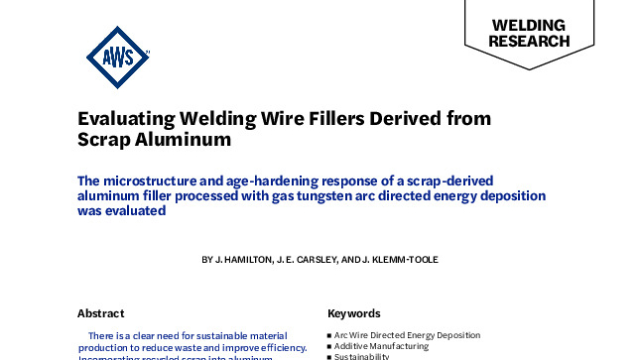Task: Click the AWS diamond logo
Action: coord(120,56)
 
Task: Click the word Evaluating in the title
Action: coord(127,118)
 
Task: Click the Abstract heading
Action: coord(99,310)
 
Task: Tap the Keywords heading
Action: coord(353,310)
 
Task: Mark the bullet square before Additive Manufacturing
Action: coord(329,346)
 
